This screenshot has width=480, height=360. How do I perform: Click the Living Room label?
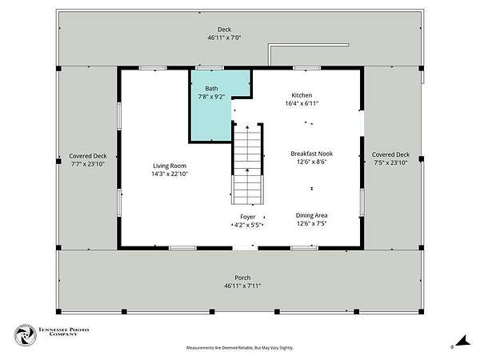coord(170,166)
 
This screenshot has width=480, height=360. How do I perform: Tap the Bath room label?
coord(211,89)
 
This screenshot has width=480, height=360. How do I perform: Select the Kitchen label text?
coord(302,95)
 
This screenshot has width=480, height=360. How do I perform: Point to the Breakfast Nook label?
coord(312,154)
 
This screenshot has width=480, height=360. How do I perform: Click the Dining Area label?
coord(312,215)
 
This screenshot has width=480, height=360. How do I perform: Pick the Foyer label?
coord(248,217)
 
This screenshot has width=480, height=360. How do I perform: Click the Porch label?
coord(242,278)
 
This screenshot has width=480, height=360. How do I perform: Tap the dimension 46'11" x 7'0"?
coord(224,38)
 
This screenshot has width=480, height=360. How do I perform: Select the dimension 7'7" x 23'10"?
coord(88,164)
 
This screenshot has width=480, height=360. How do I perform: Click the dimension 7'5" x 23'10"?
coord(390,163)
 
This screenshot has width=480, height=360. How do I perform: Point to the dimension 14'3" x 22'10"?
coord(170,174)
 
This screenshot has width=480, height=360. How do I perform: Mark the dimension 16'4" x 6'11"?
coord(302,103)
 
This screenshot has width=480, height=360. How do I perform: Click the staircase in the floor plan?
coord(247,164)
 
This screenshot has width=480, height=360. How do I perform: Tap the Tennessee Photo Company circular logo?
coord(26,335)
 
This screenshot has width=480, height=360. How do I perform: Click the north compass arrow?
coord(463,341)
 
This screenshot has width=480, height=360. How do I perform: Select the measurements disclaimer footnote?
coord(240,348)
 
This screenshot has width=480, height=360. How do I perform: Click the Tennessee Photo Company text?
coord(63,331)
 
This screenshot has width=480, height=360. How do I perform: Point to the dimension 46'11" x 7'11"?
coord(242,286)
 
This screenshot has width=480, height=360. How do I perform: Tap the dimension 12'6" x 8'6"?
coord(312,162)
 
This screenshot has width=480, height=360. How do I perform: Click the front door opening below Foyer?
coord(246,248)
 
